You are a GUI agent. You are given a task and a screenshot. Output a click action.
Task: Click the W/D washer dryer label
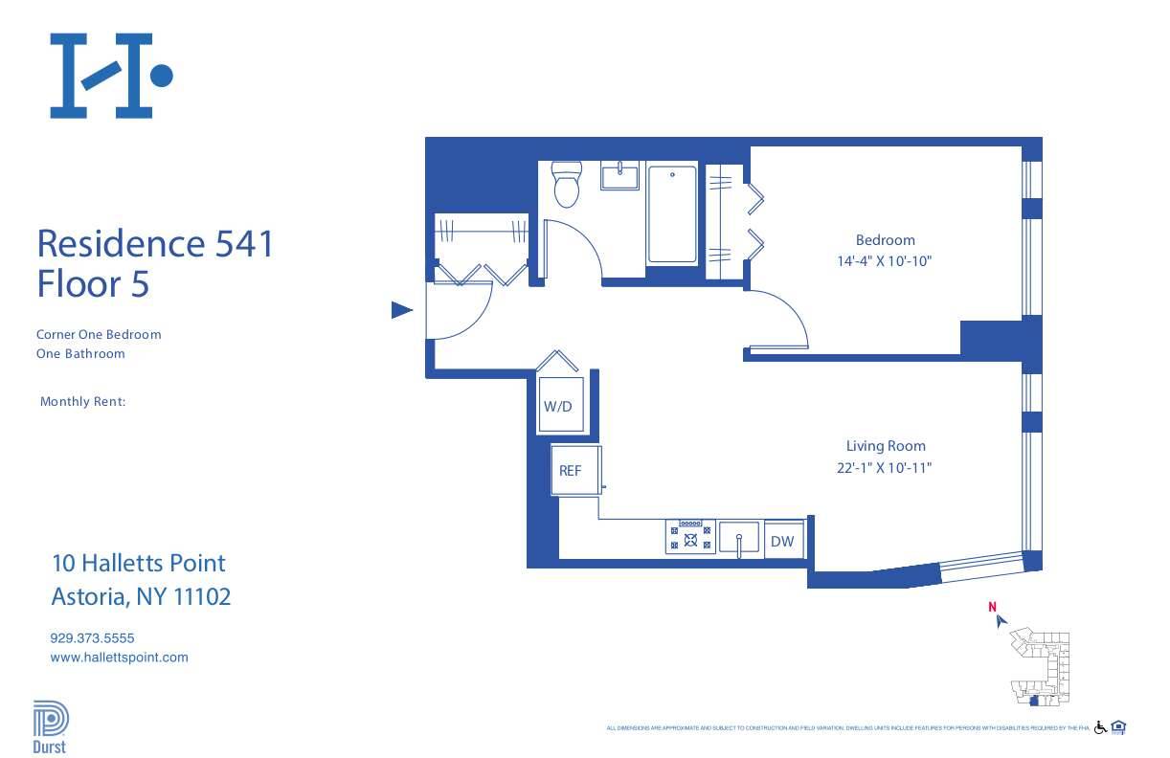point(557,406)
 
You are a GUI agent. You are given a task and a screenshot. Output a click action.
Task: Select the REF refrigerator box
point(571,470)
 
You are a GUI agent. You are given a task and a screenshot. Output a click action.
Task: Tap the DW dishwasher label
point(782,541)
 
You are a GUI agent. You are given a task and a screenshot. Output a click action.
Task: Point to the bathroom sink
point(620,177)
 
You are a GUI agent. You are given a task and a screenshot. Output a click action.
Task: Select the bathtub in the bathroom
point(672,214)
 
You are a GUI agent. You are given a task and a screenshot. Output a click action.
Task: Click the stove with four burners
point(690,537)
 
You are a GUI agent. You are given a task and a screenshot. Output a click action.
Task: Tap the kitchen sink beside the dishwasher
point(739,538)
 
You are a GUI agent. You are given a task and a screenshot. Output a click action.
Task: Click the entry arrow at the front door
point(402,310)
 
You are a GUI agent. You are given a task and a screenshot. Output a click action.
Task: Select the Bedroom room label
point(885,240)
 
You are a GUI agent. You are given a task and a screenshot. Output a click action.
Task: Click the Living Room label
point(885,446)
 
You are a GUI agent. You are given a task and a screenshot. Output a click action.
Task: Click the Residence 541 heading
point(155,243)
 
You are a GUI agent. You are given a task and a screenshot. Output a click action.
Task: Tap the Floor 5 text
point(93,284)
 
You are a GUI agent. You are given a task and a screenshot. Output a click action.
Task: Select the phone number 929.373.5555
point(99,637)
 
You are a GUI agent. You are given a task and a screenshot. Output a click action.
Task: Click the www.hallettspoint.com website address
point(119,658)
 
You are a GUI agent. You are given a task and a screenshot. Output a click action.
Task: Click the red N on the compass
point(993,606)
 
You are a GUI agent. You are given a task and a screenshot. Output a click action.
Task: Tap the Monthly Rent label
point(82,402)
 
